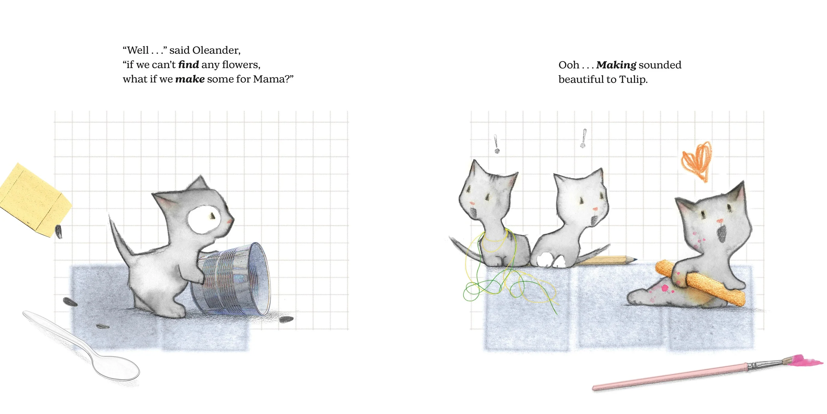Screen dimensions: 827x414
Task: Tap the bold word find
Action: [188, 65]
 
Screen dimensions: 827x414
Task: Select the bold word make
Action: [190, 79]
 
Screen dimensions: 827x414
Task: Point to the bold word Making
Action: [616, 65]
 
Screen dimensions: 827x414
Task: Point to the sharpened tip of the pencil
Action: [636, 259]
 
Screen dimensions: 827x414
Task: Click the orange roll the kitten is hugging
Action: [700, 283]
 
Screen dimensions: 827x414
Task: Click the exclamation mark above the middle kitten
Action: [584, 138]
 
